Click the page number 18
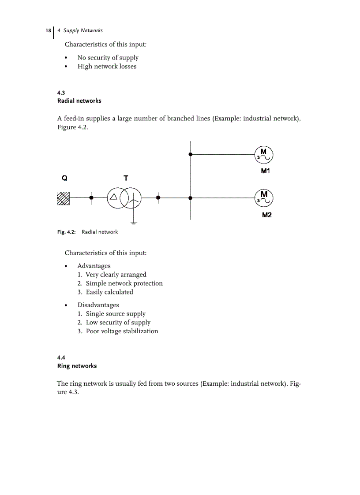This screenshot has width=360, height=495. click(x=48, y=30)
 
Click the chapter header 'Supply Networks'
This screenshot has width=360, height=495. click(x=83, y=30)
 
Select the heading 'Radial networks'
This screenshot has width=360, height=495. click(x=79, y=101)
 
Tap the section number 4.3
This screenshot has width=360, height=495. click(x=61, y=93)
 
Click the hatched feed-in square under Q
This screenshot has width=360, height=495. click(x=64, y=198)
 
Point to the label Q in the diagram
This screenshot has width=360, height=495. click(x=64, y=179)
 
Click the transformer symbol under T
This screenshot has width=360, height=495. click(x=124, y=198)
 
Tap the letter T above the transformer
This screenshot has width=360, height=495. click(x=126, y=178)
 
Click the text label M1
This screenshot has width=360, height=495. click(x=265, y=171)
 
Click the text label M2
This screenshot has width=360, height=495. click(x=266, y=215)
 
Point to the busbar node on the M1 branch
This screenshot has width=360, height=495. click(x=190, y=154)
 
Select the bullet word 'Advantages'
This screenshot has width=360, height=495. click(x=94, y=266)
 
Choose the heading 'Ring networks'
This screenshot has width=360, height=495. click(x=77, y=366)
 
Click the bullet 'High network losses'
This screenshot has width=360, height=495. click(x=107, y=67)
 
